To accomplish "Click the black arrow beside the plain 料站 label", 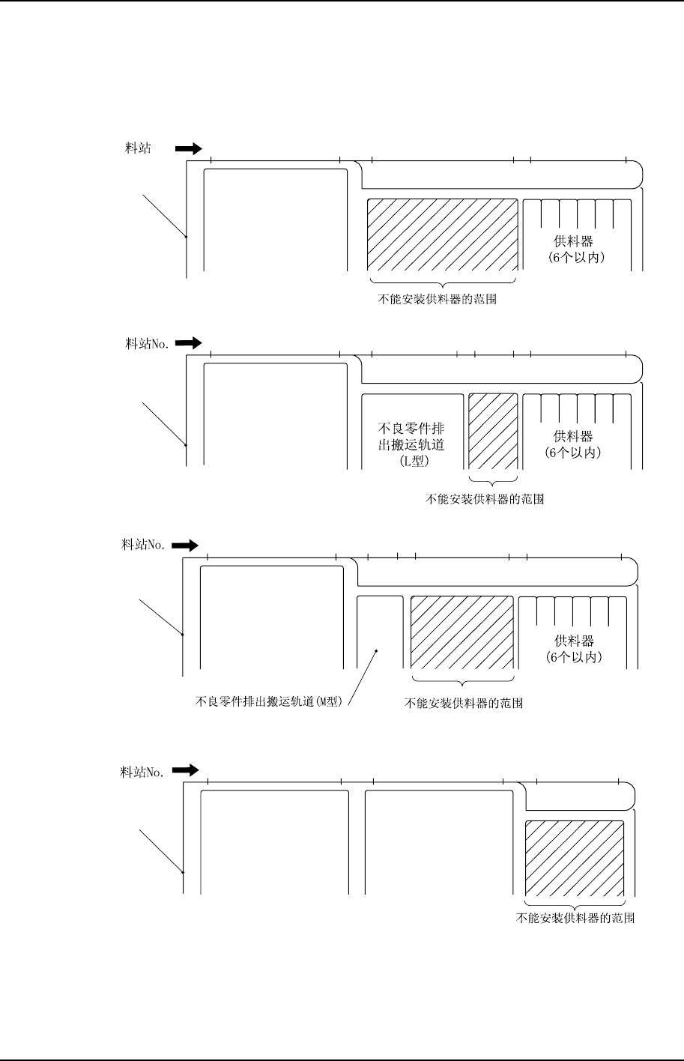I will tap(189, 148).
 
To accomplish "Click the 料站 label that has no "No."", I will tap(137, 148).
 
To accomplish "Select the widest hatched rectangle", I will tap(442, 235).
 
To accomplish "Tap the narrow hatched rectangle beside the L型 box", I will tap(493, 432).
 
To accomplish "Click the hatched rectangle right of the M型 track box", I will tap(462, 632).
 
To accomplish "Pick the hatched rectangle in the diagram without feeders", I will tap(575, 857).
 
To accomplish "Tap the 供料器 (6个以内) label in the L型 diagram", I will tap(573, 444).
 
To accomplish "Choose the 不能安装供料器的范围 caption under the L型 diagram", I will tap(484, 499).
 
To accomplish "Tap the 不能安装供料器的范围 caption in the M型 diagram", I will tap(463, 703).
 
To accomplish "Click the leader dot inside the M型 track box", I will tap(377, 650).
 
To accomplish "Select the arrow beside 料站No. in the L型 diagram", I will tap(189, 343).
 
